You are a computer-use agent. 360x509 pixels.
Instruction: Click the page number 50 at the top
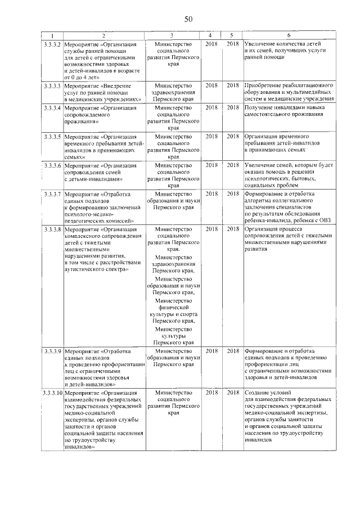coord(188,19)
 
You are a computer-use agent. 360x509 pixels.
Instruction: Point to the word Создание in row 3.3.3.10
coord(259,392)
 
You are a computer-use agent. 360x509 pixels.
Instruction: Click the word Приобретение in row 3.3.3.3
coord(265,85)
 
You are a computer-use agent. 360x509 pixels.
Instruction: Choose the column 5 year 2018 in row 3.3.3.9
coord(232,351)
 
